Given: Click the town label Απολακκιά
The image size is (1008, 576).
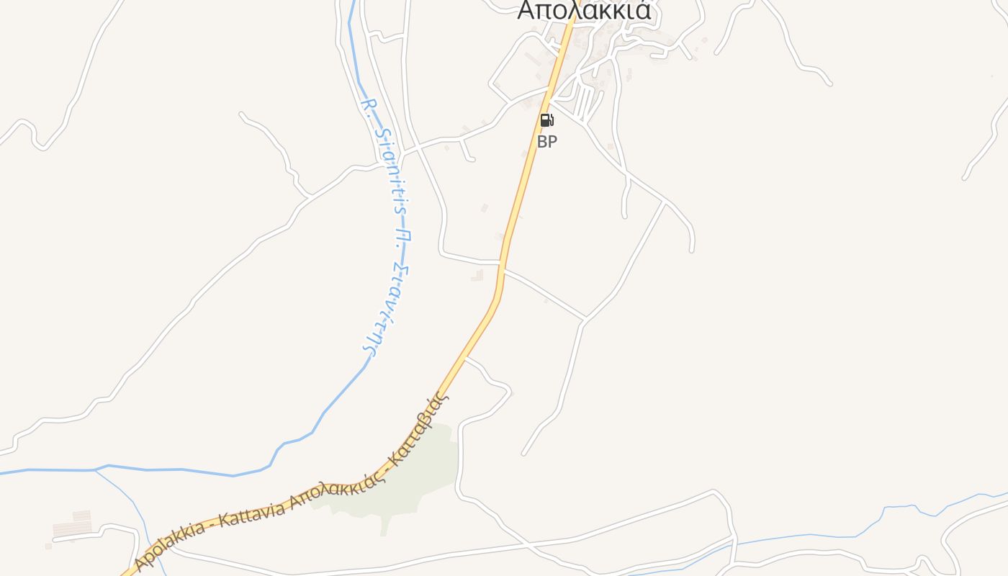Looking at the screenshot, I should tap(584, 10).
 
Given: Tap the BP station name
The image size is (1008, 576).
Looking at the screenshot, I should tap(547, 142).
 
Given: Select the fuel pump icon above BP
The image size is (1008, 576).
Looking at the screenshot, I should tap(547, 120).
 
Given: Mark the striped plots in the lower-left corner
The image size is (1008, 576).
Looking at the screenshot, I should tap(72, 526).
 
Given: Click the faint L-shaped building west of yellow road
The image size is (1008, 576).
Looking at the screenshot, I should tap(477, 275).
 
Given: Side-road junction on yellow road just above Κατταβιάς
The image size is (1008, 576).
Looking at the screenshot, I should tap(466, 356).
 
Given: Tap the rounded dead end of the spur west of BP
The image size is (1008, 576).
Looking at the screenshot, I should tap(472, 159).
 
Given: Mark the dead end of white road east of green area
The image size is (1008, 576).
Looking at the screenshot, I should tap(524, 454).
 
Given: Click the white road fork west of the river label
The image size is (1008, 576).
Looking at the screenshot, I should tap(309, 196).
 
